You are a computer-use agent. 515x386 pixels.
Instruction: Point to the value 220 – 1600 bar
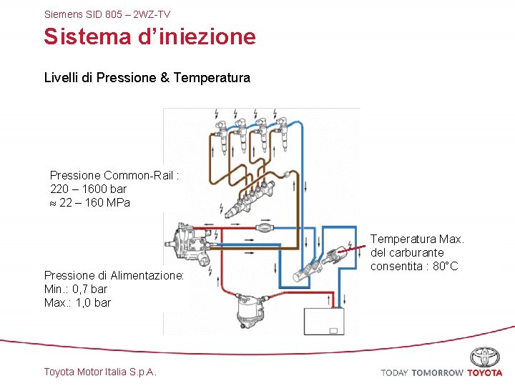(88, 189)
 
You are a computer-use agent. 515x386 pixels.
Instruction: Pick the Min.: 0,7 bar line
(76, 289)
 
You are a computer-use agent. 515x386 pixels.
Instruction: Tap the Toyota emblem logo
(485, 357)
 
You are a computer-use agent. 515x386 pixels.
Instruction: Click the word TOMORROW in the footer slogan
(438, 373)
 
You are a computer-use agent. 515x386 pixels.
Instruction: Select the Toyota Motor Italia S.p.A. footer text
(100, 372)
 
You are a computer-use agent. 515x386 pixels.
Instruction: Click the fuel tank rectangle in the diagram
(324, 321)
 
